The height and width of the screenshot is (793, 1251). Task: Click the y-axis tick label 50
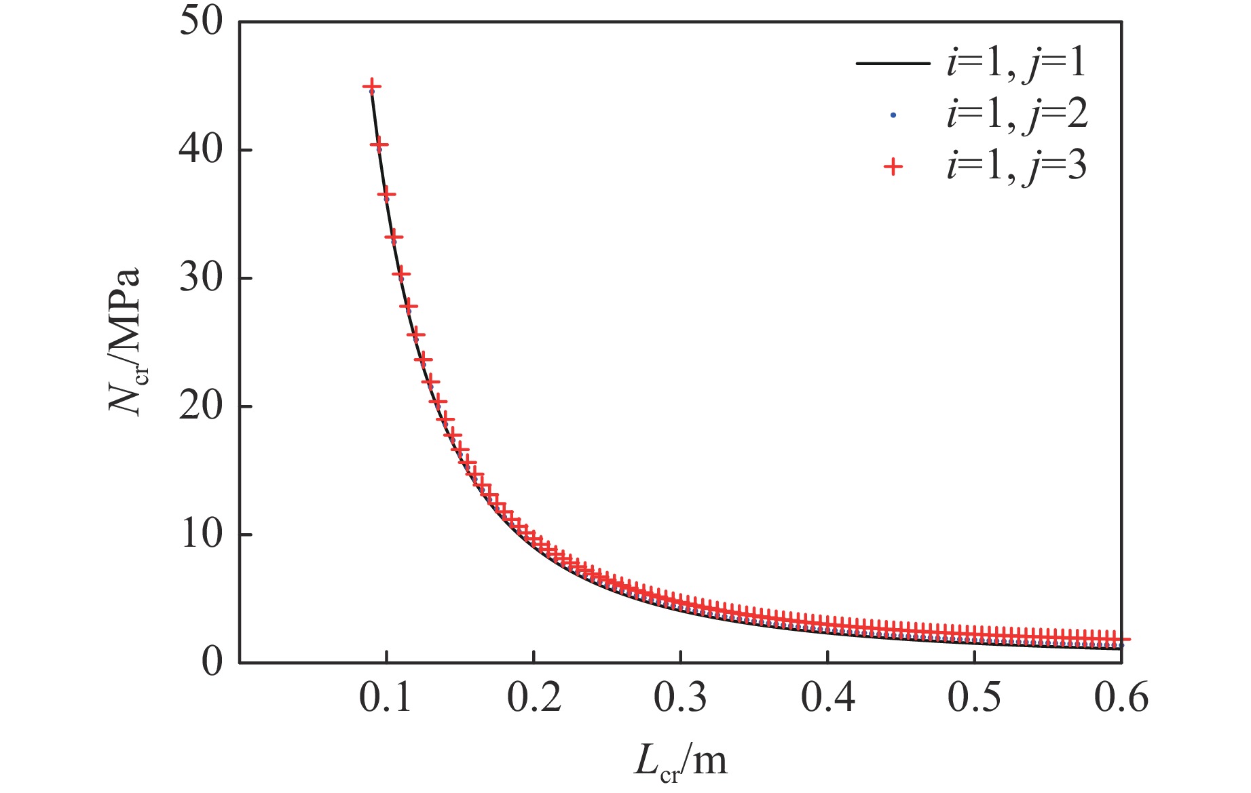tap(201, 22)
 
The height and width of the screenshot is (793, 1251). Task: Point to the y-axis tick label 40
tap(201, 150)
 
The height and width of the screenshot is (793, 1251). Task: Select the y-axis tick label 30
tap(201, 278)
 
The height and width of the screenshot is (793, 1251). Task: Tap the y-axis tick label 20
tap(201, 406)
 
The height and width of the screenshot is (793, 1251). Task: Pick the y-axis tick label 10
tap(201, 535)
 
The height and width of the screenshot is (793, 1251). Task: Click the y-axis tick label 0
tap(212, 662)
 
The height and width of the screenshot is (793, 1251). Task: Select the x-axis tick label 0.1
tap(386, 697)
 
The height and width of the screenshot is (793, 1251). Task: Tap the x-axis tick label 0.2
tap(534, 697)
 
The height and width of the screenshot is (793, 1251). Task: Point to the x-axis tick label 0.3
tap(681, 697)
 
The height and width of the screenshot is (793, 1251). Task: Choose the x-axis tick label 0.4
tap(827, 697)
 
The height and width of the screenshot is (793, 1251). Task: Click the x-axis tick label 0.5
tap(974, 697)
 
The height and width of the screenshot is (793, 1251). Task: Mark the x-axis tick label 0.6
tap(1121, 697)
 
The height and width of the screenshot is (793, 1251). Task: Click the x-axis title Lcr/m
tap(681, 761)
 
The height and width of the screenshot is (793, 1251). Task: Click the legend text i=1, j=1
tap(1016, 63)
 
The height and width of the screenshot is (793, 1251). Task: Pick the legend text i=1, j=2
tap(1016, 115)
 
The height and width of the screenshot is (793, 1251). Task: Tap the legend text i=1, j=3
tap(1016, 166)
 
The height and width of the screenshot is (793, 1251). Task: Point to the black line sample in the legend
tap(893, 64)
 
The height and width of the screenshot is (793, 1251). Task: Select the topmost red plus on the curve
tap(371, 87)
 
